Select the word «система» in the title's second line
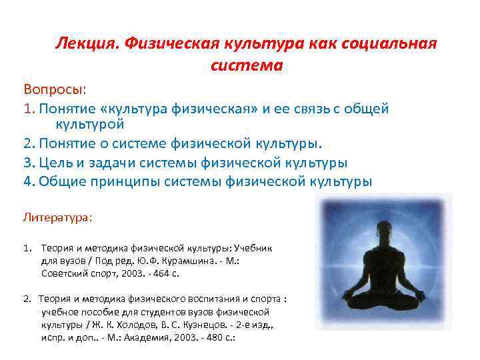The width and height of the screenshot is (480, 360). (247, 65)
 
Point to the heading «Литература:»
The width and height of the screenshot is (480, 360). (58, 217)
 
